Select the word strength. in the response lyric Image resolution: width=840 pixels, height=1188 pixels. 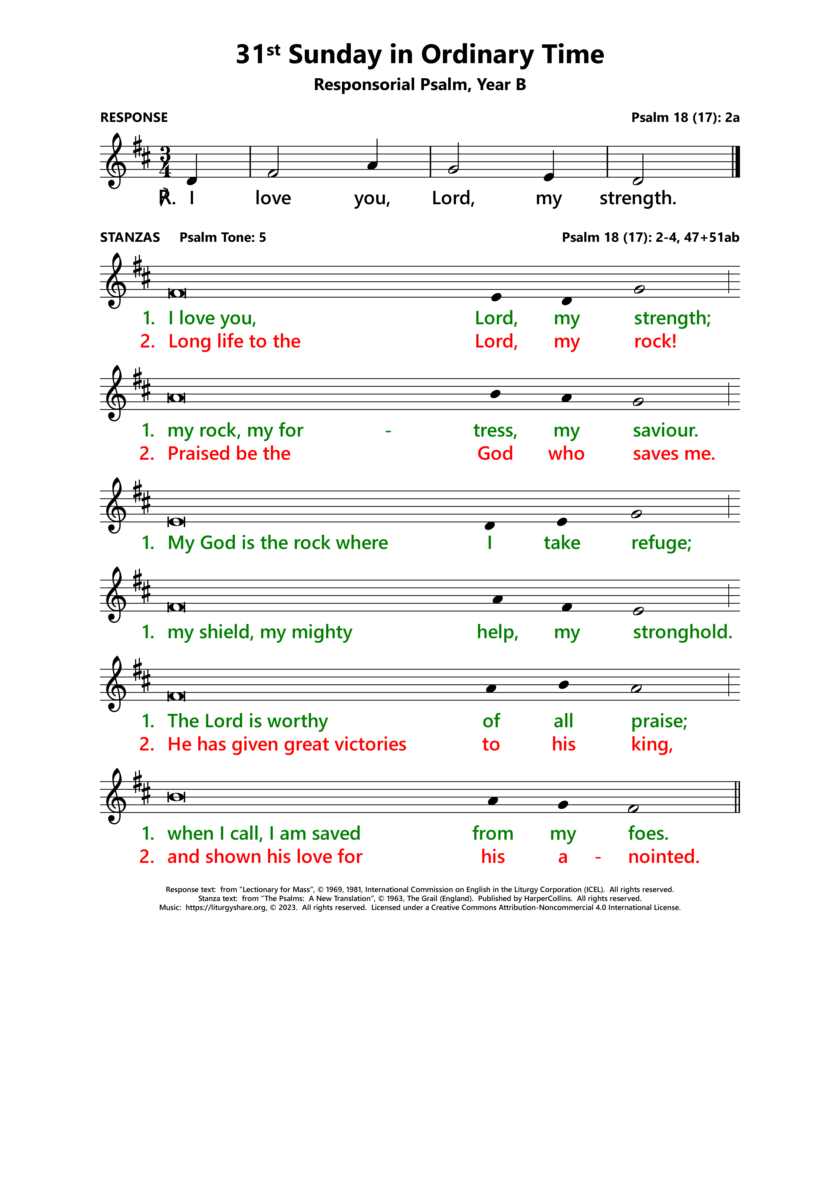click(638, 198)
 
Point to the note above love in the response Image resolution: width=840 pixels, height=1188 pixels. click(273, 173)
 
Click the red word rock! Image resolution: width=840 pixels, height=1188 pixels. click(655, 342)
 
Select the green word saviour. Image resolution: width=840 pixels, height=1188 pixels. click(666, 430)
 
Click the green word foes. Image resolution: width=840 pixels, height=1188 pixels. click(648, 834)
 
